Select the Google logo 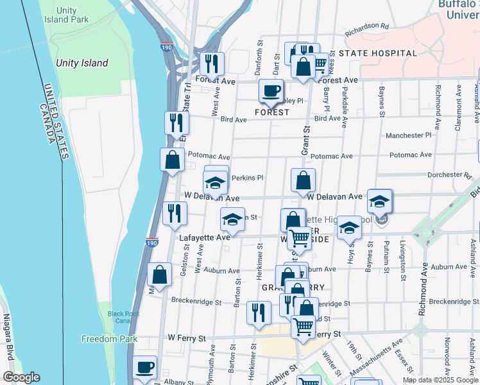pyautogui.click(x=21, y=377)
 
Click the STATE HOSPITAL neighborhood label pyautogui.click(x=378, y=53)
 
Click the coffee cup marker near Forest pyautogui.click(x=271, y=90)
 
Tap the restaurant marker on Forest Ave pyautogui.click(x=211, y=64)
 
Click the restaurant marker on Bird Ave pyautogui.click(x=176, y=122)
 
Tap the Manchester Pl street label pyautogui.click(x=409, y=135)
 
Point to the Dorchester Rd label pyautogui.click(x=449, y=175)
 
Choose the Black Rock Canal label pyautogui.click(x=123, y=316)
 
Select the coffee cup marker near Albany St pyautogui.click(x=144, y=367)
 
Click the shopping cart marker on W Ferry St pyautogui.click(x=304, y=326)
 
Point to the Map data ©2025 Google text pyautogui.click(x=440, y=380)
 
